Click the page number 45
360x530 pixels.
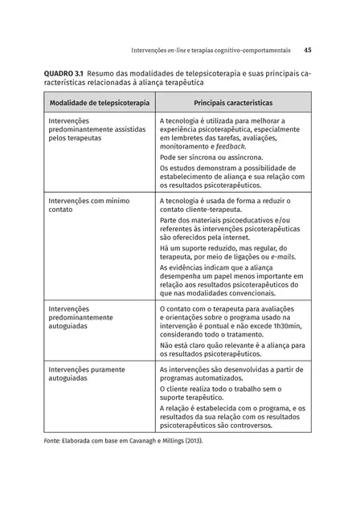point(308,49)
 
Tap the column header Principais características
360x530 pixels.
point(233,103)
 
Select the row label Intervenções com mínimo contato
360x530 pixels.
point(88,204)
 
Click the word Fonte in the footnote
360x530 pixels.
point(54,442)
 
